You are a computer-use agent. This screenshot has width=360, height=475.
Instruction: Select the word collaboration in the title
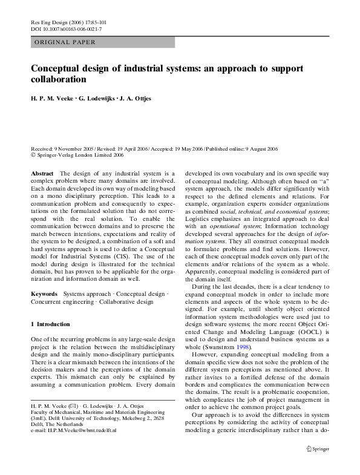[x=59, y=79]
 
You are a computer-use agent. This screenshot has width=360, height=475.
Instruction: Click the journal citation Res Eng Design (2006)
[x=57, y=21]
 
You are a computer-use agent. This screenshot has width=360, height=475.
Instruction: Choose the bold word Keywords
[x=44, y=293]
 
